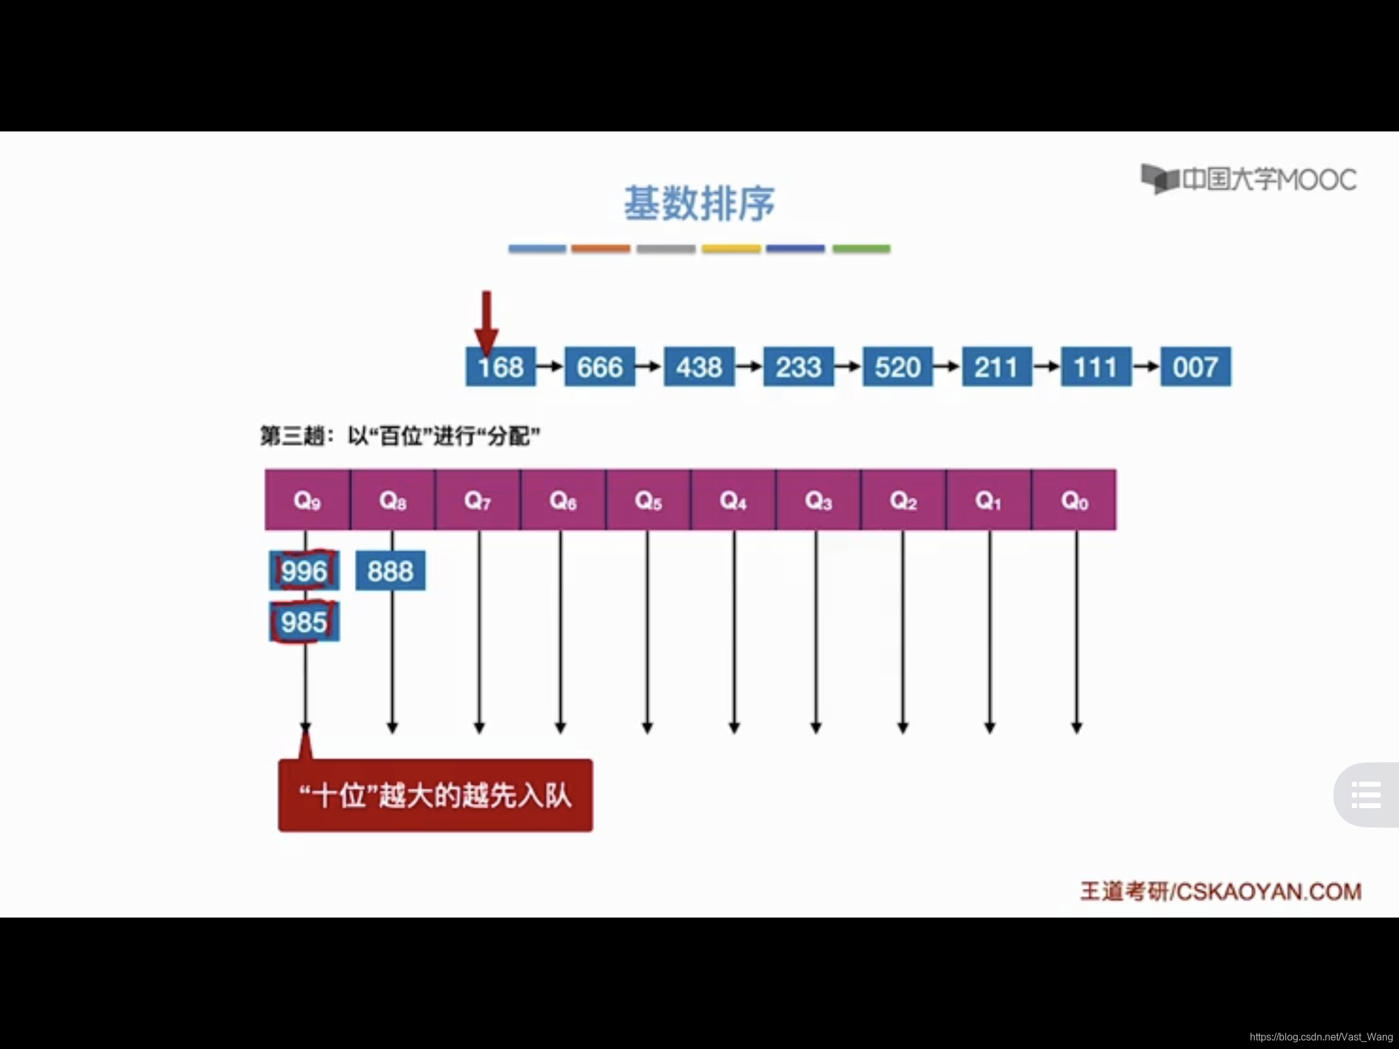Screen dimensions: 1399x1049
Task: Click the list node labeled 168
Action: coord(500,367)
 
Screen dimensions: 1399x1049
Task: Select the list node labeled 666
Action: coord(599,367)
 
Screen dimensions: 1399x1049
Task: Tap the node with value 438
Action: coord(699,367)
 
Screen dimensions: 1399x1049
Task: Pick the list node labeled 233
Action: coord(798,367)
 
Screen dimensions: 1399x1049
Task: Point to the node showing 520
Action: coord(898,367)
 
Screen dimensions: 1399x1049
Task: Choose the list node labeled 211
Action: coord(997,367)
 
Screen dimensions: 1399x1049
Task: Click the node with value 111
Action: coord(1095,367)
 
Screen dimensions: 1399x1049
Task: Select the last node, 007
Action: coord(1195,367)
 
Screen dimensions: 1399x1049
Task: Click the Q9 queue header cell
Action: coord(308,500)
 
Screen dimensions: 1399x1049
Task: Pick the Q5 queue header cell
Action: coord(649,500)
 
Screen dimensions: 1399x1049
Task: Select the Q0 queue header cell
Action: coord(1074,500)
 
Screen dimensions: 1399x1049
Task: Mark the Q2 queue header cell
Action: coord(903,500)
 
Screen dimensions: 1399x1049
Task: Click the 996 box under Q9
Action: coord(304,571)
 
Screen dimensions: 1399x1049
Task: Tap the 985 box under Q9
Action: coord(304,622)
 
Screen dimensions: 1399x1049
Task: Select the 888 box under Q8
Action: coord(390,571)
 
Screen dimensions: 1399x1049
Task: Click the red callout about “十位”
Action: coord(435,796)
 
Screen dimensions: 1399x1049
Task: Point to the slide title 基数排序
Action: coord(699,204)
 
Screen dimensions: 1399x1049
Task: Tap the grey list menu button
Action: coord(1366,795)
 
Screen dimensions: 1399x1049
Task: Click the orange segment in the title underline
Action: coord(601,248)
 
